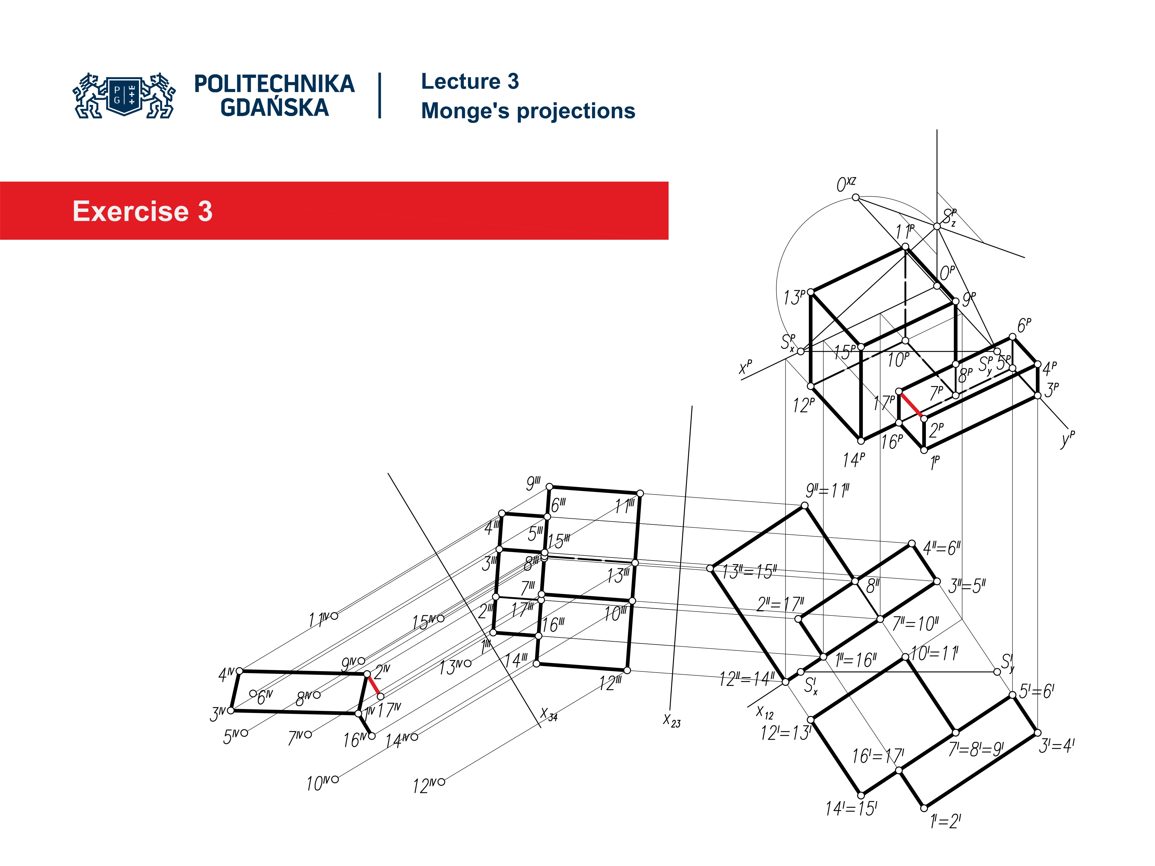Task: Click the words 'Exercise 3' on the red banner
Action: pos(142,211)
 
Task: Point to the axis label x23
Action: pos(671,720)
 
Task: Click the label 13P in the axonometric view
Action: pos(794,298)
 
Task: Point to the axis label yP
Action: pos(1067,438)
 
